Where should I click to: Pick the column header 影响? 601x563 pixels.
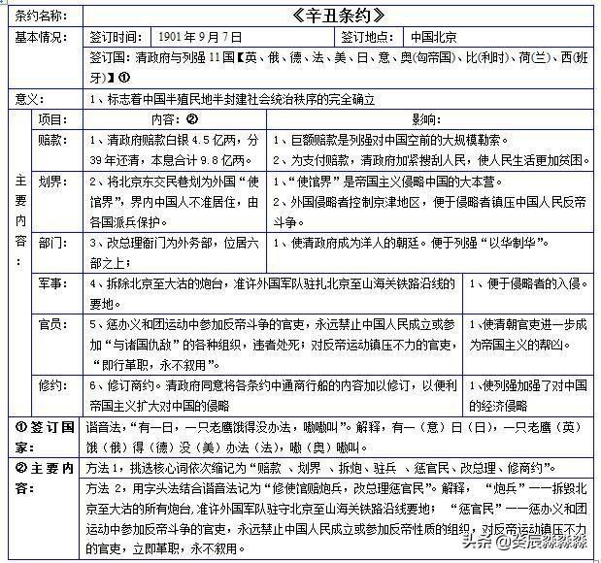point(428,118)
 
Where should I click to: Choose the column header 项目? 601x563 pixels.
point(51,118)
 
